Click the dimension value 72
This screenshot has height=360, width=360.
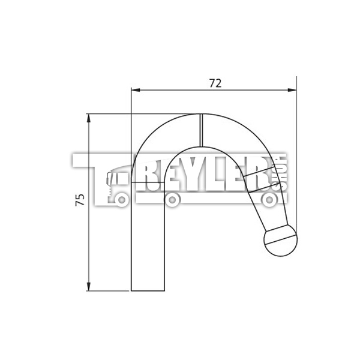[x=215, y=83]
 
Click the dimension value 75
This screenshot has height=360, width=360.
[x=80, y=200]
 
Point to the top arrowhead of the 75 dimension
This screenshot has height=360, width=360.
[x=89, y=117]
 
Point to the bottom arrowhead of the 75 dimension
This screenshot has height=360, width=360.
[x=89, y=287]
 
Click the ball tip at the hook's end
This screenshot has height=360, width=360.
[x=280, y=241]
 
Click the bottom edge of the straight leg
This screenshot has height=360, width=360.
[x=148, y=291]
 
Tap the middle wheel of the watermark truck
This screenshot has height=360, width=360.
[x=173, y=200]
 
